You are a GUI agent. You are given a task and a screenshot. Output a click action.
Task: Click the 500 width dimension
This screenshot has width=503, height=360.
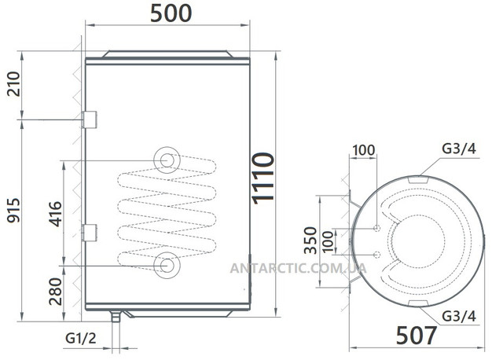(x=171, y=13)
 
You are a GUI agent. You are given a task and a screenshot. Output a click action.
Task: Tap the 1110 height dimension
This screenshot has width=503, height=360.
(x=263, y=178)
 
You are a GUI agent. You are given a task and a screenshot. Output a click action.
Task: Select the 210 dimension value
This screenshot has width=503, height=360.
(x=14, y=84)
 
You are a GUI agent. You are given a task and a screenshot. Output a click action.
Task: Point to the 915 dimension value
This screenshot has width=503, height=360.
(x=14, y=211)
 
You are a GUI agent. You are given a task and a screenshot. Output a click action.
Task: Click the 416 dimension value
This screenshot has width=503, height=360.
(x=55, y=214)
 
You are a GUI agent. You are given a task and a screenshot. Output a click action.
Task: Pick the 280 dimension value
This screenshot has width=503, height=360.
(x=55, y=292)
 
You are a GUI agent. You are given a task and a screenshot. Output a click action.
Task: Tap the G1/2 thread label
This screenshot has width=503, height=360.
(x=80, y=338)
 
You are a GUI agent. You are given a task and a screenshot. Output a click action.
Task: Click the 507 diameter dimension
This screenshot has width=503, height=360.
(x=416, y=336)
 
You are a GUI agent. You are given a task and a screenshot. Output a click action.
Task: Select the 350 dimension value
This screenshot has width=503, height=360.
(x=310, y=241)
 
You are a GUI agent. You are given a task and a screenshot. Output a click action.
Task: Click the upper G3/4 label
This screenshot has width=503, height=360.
(x=459, y=149)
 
